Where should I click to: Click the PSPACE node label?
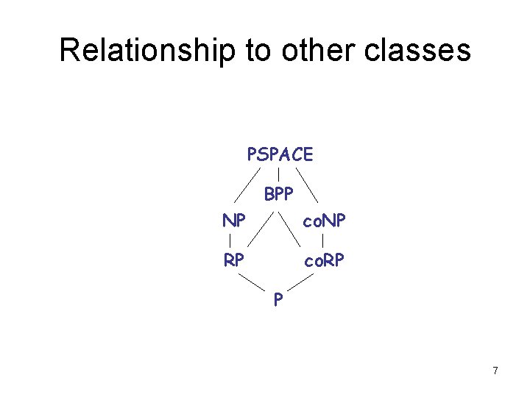(x=280, y=154)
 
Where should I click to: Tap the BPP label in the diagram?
(x=279, y=194)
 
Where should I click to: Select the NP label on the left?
(x=234, y=221)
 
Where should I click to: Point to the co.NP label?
(x=325, y=221)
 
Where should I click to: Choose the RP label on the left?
(x=234, y=260)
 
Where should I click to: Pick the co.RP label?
(x=325, y=260)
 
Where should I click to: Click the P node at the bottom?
(x=278, y=299)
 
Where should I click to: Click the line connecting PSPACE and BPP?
(x=278, y=175)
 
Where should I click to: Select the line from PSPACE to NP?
(x=249, y=185)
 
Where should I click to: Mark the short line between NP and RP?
(x=231, y=240)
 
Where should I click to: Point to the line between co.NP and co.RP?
(x=324, y=240)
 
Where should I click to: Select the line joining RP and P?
(x=252, y=282)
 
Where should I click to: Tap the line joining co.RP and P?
(x=303, y=282)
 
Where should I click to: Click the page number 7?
(x=495, y=371)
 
